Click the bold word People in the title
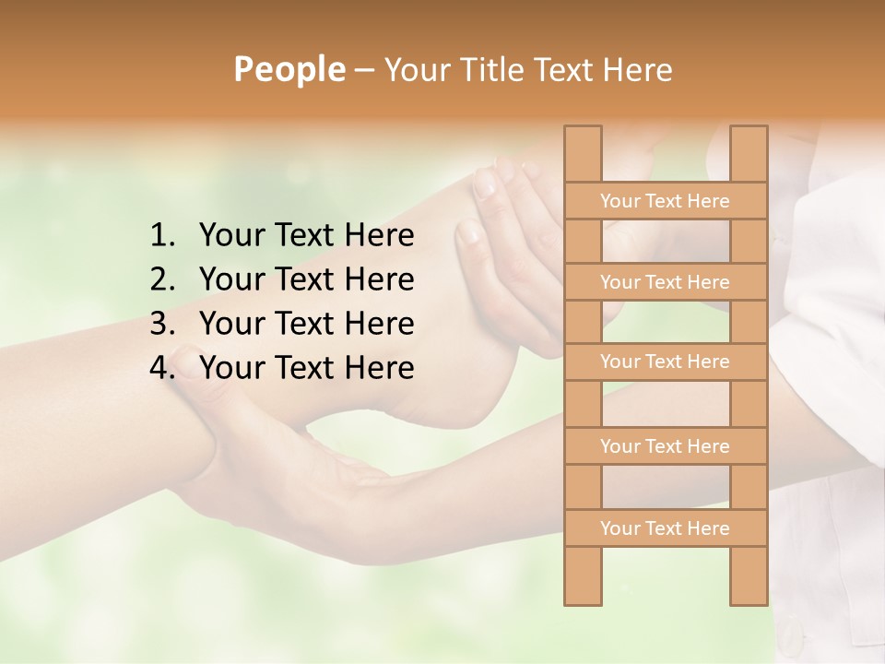pyautogui.click(x=289, y=69)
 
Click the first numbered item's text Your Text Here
pyautogui.click(x=306, y=236)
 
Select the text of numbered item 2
pyautogui.click(x=306, y=279)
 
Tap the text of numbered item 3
pyautogui.click(x=306, y=324)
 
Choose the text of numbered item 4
pyautogui.click(x=306, y=368)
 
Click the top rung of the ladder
pyautogui.click(x=665, y=201)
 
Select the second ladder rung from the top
pyautogui.click(x=665, y=282)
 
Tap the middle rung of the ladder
pyautogui.click(x=665, y=362)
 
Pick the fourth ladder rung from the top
pyautogui.click(x=665, y=446)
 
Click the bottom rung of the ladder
pyautogui.click(x=665, y=528)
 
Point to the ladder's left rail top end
pyautogui.click(x=583, y=132)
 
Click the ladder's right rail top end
pyautogui.click(x=749, y=132)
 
